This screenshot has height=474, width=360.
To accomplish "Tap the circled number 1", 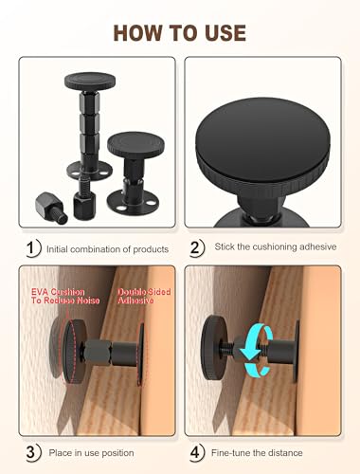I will tap(32, 247).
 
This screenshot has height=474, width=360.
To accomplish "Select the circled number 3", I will tap(32, 452).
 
